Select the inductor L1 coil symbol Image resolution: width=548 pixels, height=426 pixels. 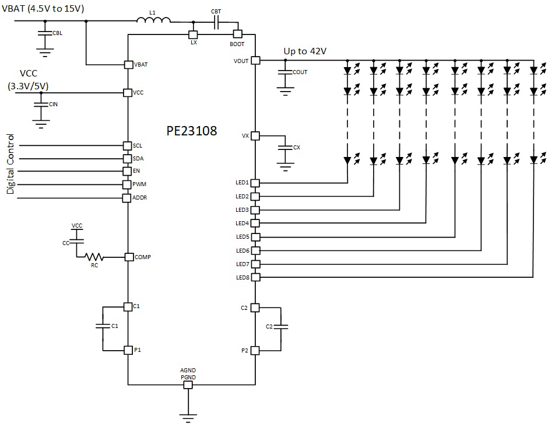click(x=153, y=22)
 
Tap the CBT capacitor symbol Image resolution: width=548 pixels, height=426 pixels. click(x=216, y=22)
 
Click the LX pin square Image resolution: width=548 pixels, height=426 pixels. click(x=193, y=34)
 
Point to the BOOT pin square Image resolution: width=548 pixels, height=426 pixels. click(x=237, y=34)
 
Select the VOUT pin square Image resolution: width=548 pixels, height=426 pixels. click(x=255, y=60)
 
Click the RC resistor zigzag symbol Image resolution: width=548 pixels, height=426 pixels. click(x=94, y=257)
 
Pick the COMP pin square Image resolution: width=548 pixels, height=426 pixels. click(x=128, y=257)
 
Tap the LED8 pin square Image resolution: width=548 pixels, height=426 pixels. click(x=255, y=277)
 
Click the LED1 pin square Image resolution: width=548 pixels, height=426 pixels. click(x=255, y=183)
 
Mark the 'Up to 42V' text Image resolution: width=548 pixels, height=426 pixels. click(x=305, y=51)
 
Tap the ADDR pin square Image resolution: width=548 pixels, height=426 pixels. click(x=128, y=198)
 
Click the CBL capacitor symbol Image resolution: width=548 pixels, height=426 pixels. click(x=45, y=33)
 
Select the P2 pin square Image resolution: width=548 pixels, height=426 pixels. click(x=255, y=350)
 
